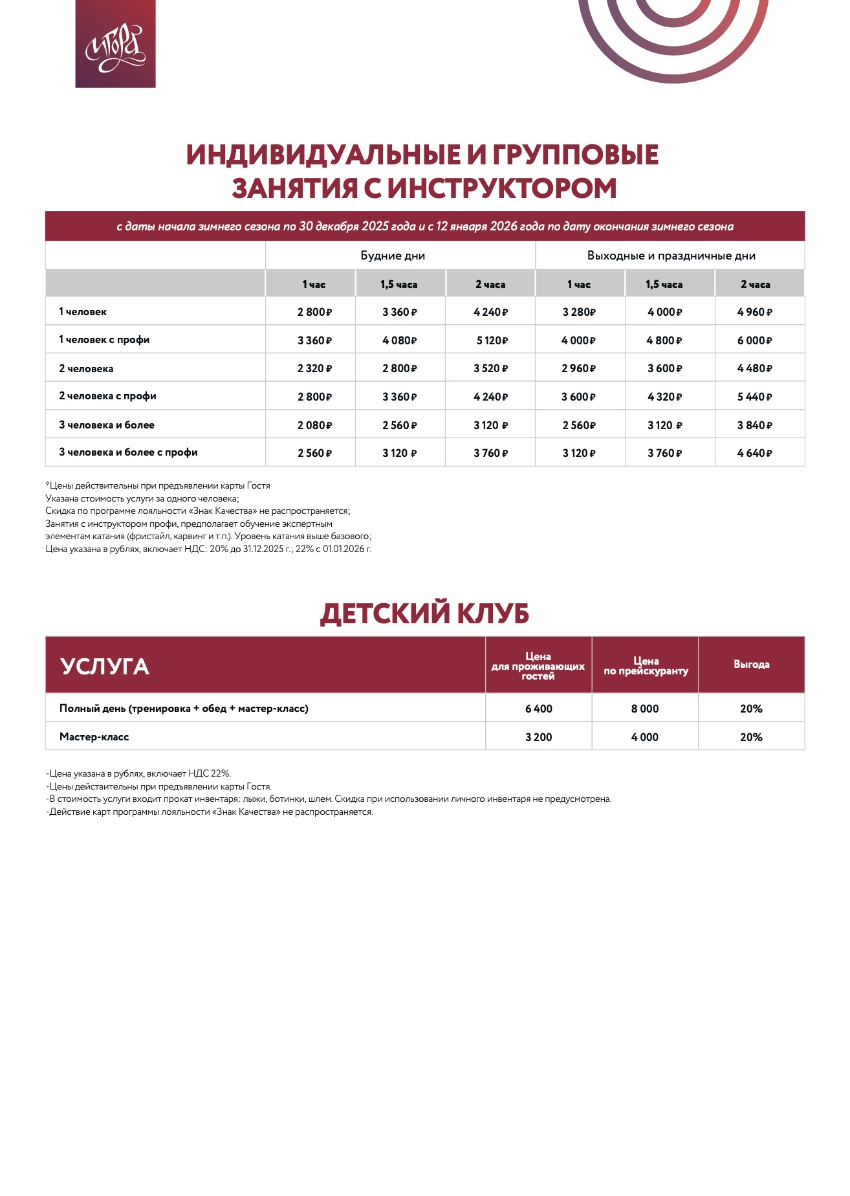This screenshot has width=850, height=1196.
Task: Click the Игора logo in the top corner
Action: [x=115, y=44]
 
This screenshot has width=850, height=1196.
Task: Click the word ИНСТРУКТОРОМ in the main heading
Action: [x=501, y=188]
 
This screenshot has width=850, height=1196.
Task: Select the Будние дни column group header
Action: [x=393, y=256]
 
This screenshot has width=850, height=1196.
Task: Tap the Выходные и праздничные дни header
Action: [x=671, y=256]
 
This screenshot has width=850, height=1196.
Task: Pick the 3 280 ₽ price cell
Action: [x=579, y=312]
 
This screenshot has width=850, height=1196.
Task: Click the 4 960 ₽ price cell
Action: [x=754, y=312]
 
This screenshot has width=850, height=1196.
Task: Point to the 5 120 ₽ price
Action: [x=491, y=340]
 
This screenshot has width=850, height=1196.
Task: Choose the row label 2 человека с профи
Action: [x=107, y=396]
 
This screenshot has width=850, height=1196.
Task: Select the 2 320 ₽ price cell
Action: [x=314, y=368]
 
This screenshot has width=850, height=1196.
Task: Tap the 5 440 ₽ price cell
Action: [x=754, y=397]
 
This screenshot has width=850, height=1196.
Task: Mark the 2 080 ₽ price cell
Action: [x=314, y=425]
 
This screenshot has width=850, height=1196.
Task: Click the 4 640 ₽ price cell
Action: [x=754, y=453]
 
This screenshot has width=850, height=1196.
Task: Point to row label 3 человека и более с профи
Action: [x=128, y=452]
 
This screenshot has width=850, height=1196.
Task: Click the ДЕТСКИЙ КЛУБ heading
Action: [x=424, y=614]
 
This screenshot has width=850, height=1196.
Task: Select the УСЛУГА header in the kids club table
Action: [x=105, y=667]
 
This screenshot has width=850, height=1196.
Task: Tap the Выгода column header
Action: [x=751, y=665]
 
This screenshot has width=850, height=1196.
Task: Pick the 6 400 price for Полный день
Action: [x=538, y=709]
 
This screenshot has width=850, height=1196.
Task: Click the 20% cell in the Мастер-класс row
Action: [x=751, y=737]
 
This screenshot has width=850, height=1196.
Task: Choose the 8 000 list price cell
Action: [x=645, y=709]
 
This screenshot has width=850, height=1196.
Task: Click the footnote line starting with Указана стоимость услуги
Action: [x=142, y=498]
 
